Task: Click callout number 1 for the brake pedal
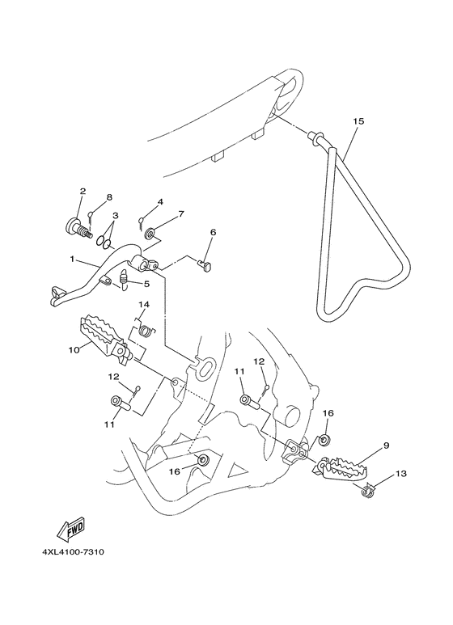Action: pos(72,260)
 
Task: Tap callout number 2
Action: pos(83,192)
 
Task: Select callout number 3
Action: pos(116,216)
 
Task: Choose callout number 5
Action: pos(146,284)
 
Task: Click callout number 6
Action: pos(213,232)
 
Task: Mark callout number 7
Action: pos(181,214)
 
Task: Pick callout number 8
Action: pos(109,197)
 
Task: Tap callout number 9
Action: pos(387,446)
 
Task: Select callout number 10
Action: pos(74,350)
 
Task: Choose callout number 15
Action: pos(358,121)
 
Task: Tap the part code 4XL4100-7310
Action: pos(69,553)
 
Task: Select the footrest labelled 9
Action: pos(349,468)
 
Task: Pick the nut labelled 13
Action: pos(366,488)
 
